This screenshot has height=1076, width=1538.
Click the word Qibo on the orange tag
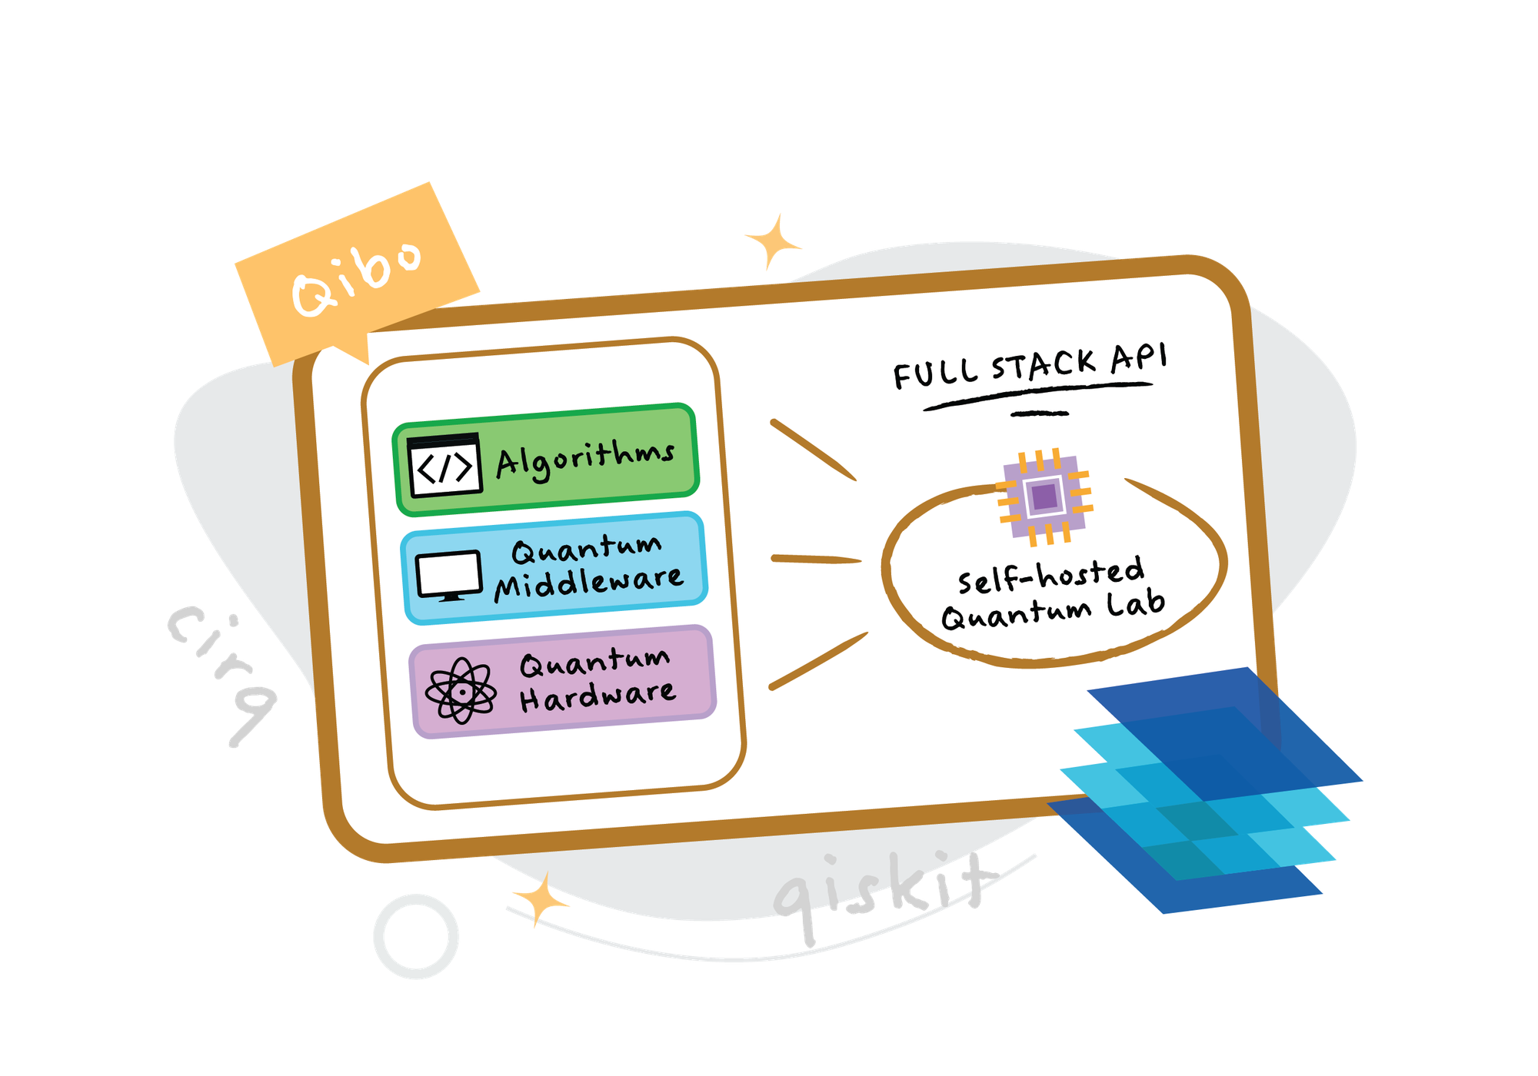coord(356,277)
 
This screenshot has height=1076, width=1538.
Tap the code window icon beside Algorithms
coord(444,466)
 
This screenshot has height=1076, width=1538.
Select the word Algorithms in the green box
coord(585,460)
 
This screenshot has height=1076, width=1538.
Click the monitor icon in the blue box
coord(449,575)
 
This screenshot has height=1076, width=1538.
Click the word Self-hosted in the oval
coord(1050,575)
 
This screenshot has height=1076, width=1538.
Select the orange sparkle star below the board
coord(541,898)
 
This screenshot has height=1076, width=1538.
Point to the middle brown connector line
coord(816,559)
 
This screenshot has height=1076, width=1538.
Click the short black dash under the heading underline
coord(1040,413)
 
